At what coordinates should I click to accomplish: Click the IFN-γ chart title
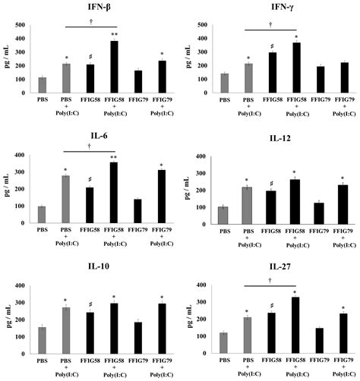[282, 8]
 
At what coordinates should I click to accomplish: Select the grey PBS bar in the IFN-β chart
[43, 84]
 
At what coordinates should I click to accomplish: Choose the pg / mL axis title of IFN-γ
[181, 57]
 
